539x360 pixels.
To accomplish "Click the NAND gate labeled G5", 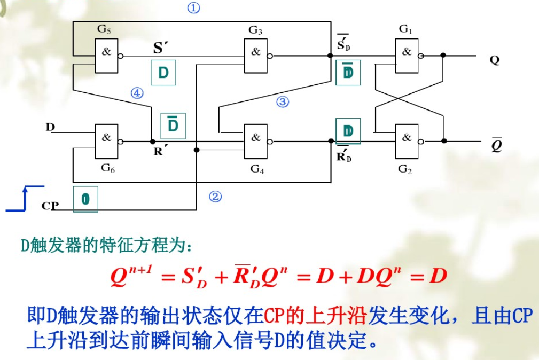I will [107, 55].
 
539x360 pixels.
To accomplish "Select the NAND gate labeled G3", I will [256, 55].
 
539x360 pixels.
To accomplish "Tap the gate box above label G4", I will [256, 141].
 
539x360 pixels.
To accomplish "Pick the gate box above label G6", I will [107, 141].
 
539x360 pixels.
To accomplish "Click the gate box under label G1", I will [407, 55].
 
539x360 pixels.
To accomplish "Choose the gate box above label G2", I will [407, 141].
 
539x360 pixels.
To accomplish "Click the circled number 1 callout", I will [193, 8].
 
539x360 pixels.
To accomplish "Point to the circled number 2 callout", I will [215, 197].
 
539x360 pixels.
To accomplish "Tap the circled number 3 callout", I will [282, 101].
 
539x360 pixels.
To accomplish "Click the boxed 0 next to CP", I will [85, 199].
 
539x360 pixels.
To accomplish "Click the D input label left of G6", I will [50, 127].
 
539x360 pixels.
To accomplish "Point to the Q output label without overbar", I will [494, 60].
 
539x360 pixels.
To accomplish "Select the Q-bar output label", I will [496, 144].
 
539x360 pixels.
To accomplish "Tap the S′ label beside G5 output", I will [160, 48].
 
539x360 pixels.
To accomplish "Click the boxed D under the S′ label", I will [163, 73].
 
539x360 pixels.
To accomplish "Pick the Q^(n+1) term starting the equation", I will [132, 276].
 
